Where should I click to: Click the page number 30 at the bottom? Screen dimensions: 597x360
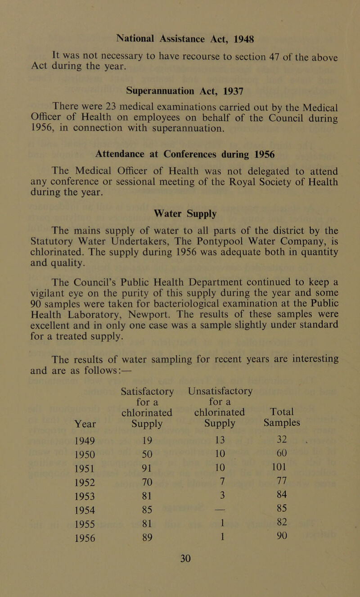pyautogui.click(x=180, y=590)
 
